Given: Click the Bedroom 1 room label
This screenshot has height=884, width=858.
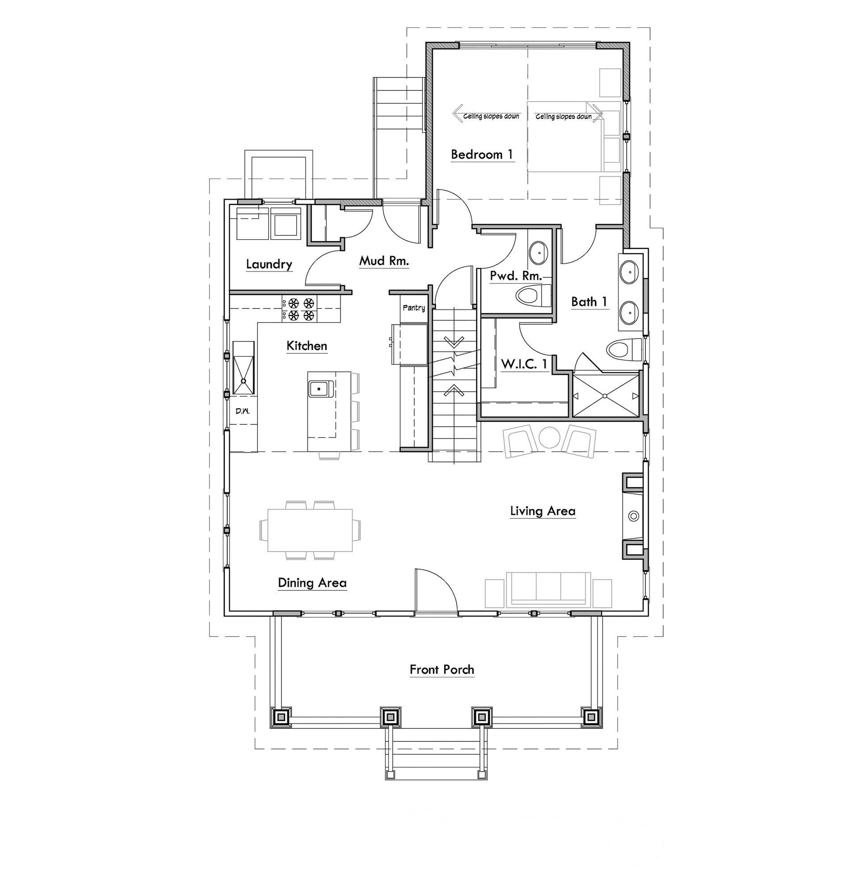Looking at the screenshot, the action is click(x=482, y=155).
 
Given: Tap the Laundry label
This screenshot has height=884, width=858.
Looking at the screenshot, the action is click(x=269, y=264).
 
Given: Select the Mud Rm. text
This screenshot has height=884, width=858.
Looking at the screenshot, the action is click(x=384, y=261).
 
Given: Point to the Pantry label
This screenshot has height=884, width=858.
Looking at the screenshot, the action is click(x=413, y=308).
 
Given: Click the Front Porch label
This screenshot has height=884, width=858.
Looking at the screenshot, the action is click(x=442, y=670).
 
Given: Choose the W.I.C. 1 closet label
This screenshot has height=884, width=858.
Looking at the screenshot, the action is click(x=524, y=364).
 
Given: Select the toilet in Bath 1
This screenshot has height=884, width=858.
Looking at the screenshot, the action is click(x=624, y=350).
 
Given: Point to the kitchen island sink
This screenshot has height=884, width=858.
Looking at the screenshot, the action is click(x=320, y=388).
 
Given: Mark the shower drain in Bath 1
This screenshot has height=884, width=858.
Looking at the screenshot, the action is click(x=605, y=396).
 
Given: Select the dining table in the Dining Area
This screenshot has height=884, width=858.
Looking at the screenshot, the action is click(x=310, y=530).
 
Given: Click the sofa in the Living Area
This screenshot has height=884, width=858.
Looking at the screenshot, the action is click(x=548, y=589).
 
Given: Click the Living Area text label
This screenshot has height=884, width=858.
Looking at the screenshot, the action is click(x=543, y=511).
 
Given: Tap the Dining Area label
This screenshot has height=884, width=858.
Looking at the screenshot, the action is click(x=312, y=583).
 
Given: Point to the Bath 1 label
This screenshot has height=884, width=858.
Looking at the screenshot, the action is click(x=589, y=302).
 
